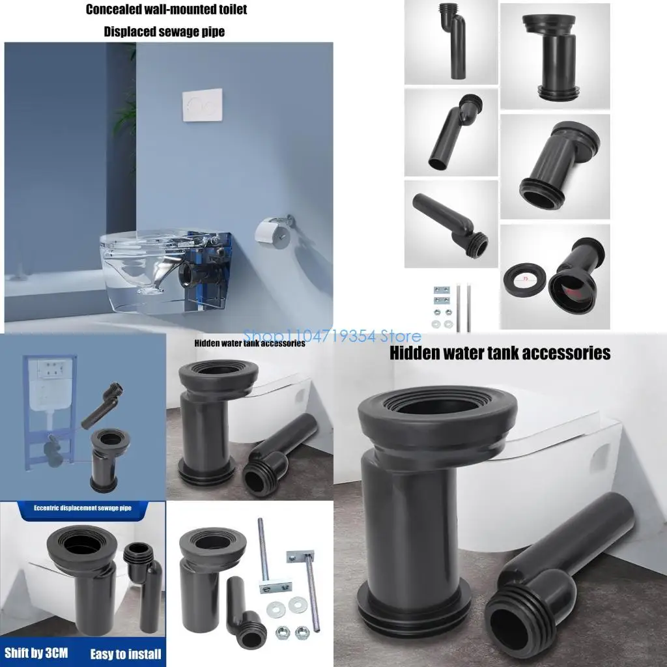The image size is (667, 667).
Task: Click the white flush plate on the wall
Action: pos(202,105)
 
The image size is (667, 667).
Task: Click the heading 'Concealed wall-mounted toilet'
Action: pos(167,10)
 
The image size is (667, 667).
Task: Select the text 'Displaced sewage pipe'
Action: pos(164,32)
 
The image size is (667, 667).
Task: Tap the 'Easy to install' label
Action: pos(126,653)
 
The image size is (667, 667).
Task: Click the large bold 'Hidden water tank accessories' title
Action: pos(500,353)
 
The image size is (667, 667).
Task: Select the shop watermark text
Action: pos(332,337)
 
